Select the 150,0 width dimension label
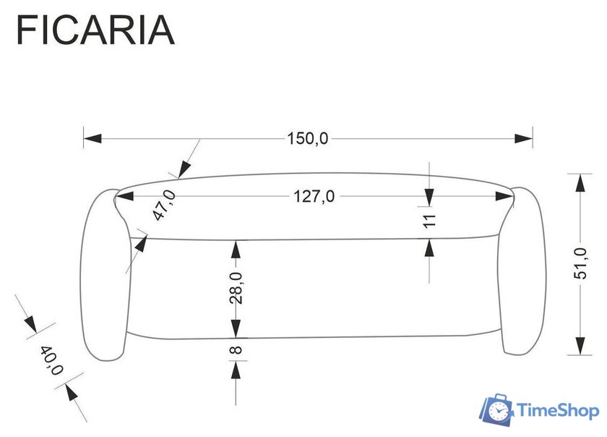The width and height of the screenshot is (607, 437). [x=307, y=138]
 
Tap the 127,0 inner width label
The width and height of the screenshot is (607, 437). [x=314, y=196]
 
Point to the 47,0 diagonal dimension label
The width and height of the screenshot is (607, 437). [x=164, y=205]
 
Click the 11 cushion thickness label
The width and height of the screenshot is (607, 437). [x=429, y=221]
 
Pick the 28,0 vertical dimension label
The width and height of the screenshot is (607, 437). [x=236, y=288]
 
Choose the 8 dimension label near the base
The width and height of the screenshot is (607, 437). [x=236, y=349]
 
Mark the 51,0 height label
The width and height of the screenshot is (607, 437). [x=580, y=263]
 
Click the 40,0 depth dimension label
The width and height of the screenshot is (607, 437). [x=51, y=360]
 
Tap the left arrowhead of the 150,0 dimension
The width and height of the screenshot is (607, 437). [x=92, y=138]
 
